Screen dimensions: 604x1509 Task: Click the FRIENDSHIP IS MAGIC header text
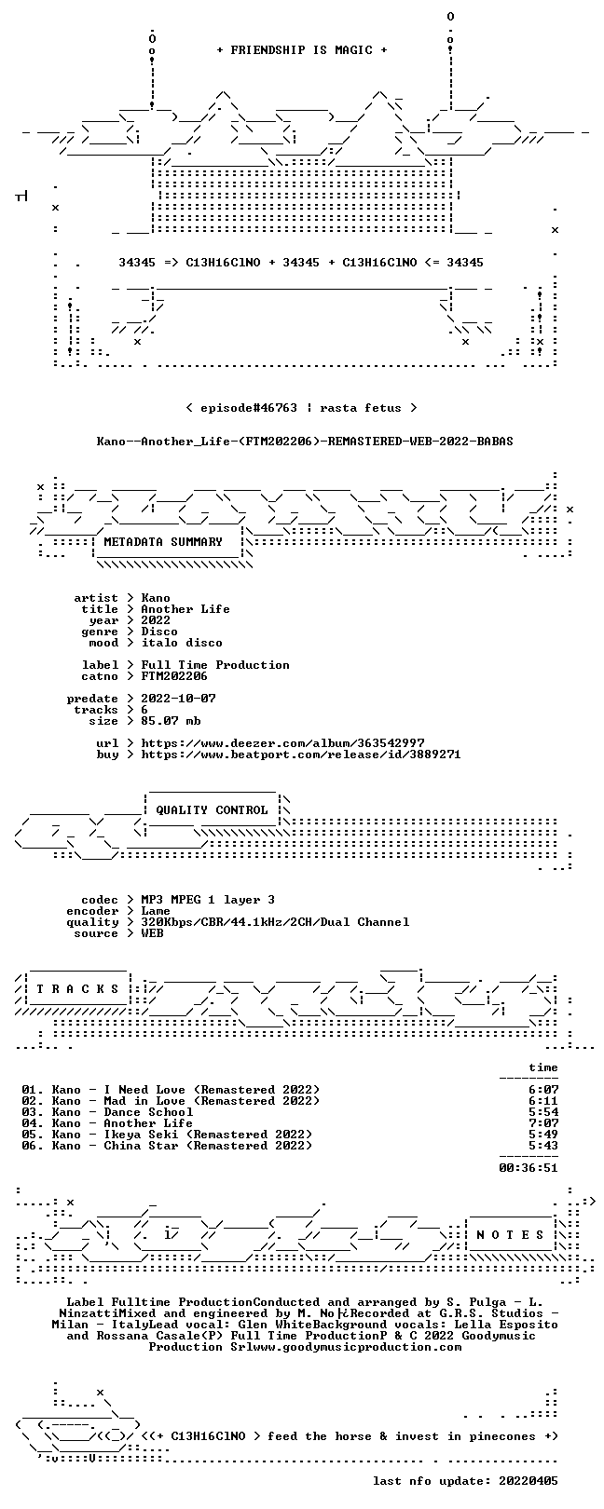(x=302, y=50)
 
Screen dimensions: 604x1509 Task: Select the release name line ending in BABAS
(x=305, y=442)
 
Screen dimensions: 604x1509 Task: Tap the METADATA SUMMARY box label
(x=163, y=541)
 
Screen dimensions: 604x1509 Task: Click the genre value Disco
(x=159, y=632)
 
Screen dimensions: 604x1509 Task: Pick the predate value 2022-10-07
(x=178, y=699)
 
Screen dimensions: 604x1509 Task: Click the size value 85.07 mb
(x=171, y=721)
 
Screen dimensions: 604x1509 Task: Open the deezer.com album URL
(x=282, y=743)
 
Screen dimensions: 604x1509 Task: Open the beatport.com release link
(x=301, y=754)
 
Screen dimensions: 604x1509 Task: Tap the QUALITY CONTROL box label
(x=212, y=810)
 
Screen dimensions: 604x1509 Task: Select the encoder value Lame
(x=155, y=911)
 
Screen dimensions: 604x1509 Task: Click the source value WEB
(x=152, y=933)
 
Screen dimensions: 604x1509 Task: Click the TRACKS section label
(x=77, y=989)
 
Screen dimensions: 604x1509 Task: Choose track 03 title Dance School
(x=148, y=1112)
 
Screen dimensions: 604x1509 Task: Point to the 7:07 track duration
(x=544, y=1123)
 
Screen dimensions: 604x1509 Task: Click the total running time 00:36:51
(x=528, y=1168)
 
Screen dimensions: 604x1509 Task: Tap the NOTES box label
(x=510, y=1235)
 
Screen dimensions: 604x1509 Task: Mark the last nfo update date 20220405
(x=528, y=1481)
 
